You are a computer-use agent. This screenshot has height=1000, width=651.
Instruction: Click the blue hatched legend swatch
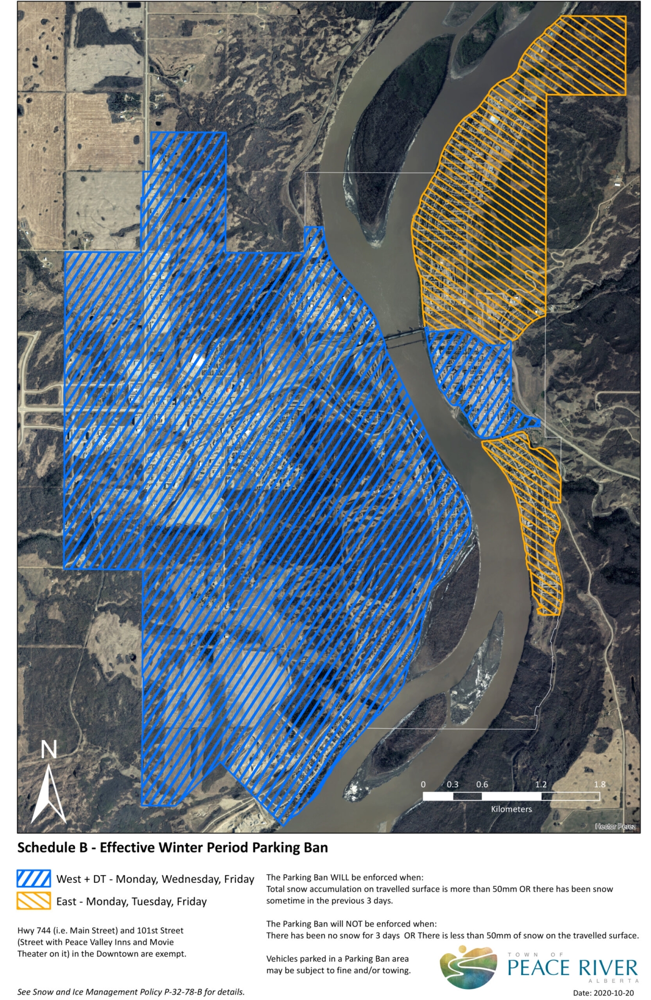coord(34,879)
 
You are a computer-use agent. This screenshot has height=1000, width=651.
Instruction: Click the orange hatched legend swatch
coord(34,901)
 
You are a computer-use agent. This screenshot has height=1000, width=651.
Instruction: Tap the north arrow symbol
coord(48,794)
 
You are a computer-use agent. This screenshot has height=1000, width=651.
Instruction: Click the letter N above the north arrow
coord(48,750)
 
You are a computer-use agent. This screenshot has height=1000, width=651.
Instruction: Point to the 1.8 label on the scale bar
coord(599,784)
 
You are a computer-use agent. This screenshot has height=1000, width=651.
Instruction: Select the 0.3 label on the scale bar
coord(452,784)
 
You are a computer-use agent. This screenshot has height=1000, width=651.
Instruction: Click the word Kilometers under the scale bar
coord(511,809)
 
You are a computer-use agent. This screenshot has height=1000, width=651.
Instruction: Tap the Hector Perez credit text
coord(615,827)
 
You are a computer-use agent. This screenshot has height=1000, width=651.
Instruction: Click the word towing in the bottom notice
coord(396,970)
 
